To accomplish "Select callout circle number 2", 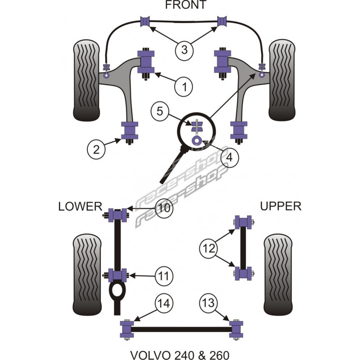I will click(x=96, y=148).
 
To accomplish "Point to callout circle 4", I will click(x=229, y=157).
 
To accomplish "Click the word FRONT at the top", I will click(x=185, y=5).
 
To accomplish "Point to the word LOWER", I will click(x=80, y=207).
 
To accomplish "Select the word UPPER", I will click(x=280, y=207).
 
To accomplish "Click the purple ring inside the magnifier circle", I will click(x=197, y=141).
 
